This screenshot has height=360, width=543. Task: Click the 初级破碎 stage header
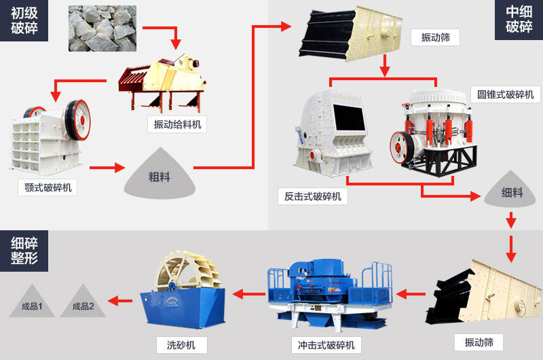tap(24, 20)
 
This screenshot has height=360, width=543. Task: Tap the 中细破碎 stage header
tap(519, 20)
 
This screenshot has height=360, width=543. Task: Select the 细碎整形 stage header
tap(24, 249)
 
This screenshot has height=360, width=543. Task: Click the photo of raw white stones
tap(102, 28)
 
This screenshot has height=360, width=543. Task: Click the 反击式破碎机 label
tap(312, 196)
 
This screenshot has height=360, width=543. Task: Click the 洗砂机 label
tap(181, 345)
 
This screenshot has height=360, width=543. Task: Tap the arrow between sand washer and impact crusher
tap(248, 294)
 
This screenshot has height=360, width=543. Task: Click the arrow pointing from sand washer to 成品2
tap(121, 300)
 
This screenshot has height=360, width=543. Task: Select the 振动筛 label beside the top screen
tap(435, 37)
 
